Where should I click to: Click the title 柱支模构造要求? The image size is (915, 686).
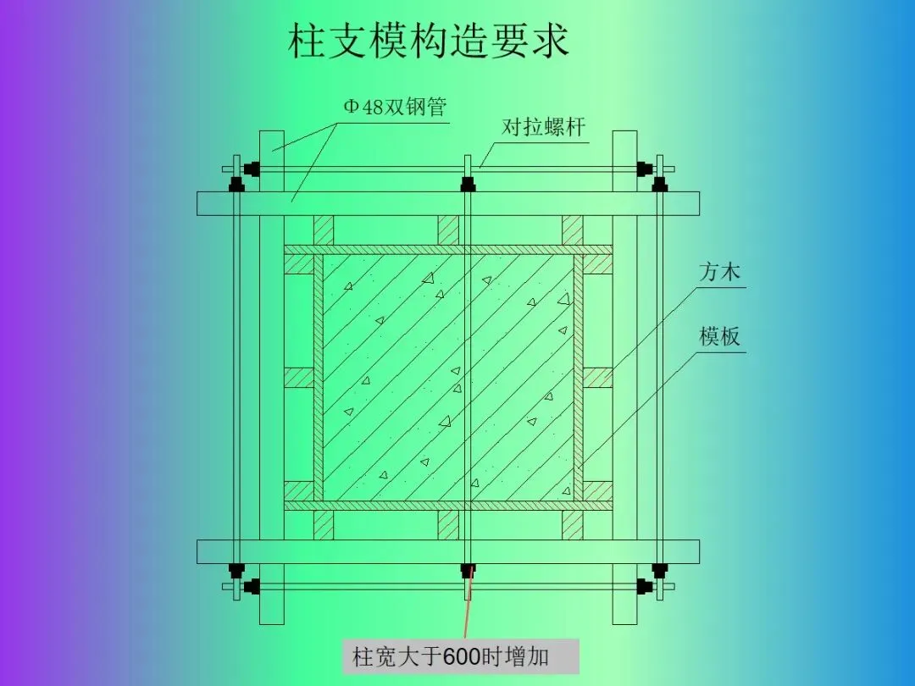point(428,41)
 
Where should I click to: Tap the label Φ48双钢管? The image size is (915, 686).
point(394,108)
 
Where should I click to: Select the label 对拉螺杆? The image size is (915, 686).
point(543,128)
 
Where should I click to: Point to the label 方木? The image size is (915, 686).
point(720,273)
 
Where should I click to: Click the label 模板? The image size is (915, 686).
point(720,337)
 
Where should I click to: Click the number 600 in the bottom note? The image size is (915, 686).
point(462,656)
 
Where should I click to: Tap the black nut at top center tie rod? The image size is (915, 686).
point(467,184)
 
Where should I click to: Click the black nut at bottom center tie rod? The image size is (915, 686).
point(467,570)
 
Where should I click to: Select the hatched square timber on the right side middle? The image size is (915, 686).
point(598,378)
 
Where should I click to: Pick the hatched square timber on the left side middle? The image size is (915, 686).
point(299,378)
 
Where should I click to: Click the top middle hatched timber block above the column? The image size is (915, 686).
point(448,230)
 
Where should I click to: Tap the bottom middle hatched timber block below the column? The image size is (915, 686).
point(448,525)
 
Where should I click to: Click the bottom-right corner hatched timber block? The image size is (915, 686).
point(598,490)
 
